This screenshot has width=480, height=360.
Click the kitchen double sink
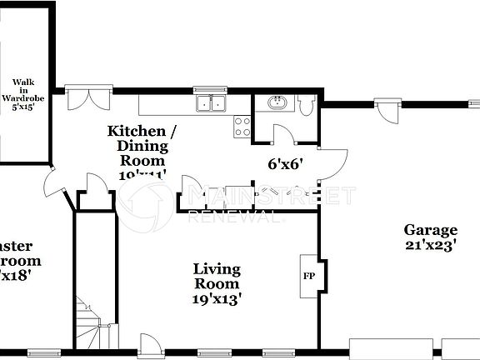click(211, 104)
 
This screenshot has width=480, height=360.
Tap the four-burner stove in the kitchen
click(242, 127)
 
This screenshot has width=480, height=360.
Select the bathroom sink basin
click(276, 103)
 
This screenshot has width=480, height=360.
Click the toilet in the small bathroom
click(305, 106)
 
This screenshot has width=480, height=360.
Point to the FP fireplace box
click(308, 276)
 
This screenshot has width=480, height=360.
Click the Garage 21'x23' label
click(430, 237)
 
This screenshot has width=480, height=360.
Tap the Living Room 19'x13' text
click(217, 284)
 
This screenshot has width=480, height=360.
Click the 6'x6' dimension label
click(283, 164)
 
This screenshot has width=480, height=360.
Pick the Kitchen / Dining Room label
click(142, 147)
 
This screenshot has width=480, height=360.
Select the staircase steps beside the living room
click(85, 321)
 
